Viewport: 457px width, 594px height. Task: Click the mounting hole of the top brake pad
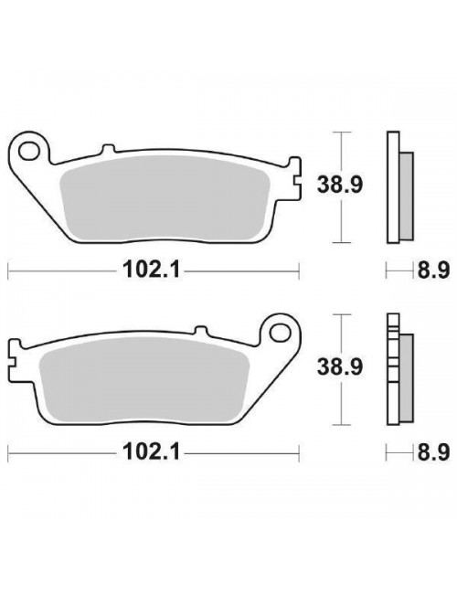[x=29, y=151]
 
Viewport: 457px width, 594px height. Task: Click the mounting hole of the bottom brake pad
[x=280, y=333]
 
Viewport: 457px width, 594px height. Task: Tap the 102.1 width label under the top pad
[x=151, y=270]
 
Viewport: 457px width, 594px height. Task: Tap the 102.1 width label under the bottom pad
[x=151, y=451]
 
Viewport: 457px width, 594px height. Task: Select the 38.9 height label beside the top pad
[x=340, y=185]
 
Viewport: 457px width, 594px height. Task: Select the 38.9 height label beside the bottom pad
[x=340, y=366]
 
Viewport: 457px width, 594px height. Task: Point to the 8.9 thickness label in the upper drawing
[x=433, y=270]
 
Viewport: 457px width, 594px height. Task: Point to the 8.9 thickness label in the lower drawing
[x=433, y=452]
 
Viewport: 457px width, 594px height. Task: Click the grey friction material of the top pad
[x=165, y=198]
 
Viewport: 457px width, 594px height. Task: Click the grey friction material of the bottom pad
[x=143, y=380]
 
